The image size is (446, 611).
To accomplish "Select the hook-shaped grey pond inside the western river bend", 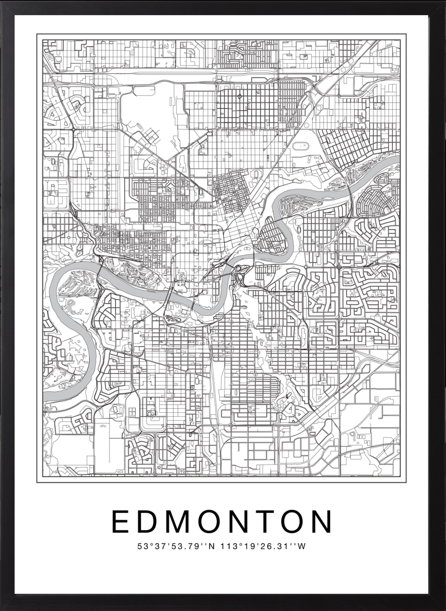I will click(72, 304).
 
